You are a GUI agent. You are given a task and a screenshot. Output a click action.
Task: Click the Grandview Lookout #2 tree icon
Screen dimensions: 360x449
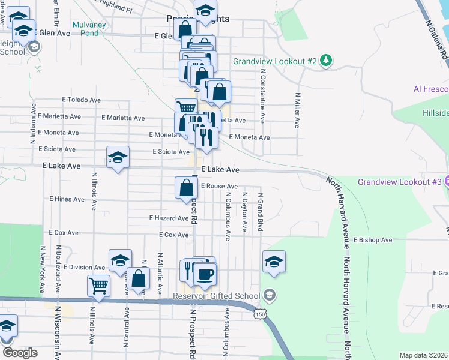[x=326, y=61]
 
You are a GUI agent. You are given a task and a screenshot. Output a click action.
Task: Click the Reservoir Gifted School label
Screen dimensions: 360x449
[x=217, y=295]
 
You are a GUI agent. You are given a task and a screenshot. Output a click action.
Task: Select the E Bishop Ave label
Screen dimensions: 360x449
[x=372, y=240]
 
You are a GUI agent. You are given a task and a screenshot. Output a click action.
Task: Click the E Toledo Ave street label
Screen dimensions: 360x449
[x=81, y=100]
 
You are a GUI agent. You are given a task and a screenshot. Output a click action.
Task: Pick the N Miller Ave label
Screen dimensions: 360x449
[x=297, y=110]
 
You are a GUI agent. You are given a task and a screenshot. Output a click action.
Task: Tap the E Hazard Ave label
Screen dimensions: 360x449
[x=169, y=218]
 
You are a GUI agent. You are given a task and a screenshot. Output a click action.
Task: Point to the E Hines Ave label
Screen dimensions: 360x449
[x=67, y=199]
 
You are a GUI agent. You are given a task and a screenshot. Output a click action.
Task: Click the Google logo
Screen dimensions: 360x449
[x=20, y=353]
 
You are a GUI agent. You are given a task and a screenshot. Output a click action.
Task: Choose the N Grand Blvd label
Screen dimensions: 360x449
[x=261, y=212]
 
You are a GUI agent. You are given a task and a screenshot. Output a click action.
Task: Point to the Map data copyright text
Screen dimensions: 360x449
[x=424, y=355]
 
